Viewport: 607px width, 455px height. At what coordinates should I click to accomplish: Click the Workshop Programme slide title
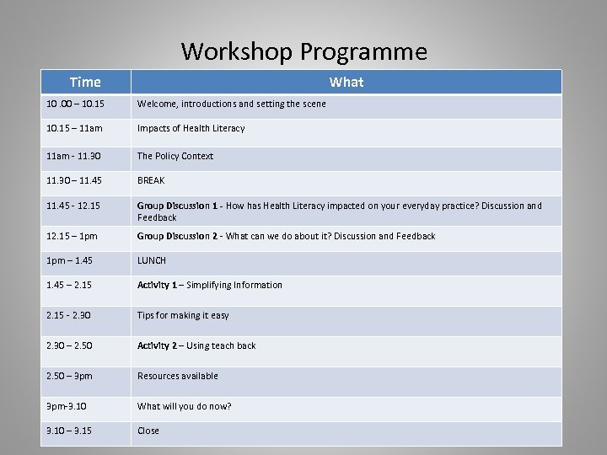coord(303,52)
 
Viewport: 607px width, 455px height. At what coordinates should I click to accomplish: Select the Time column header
coord(85,82)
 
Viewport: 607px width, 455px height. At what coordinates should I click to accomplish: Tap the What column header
coord(346,82)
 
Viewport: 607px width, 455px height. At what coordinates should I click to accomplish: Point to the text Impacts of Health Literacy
coord(191,129)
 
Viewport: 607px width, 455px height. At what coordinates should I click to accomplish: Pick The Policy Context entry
coord(175,156)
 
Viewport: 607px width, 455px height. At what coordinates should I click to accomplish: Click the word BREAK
coord(151,180)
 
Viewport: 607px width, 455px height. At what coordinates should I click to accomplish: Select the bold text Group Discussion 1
coord(178,206)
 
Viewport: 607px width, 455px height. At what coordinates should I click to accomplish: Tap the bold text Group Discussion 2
coord(178,237)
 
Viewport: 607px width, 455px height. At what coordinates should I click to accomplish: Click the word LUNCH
coord(152,261)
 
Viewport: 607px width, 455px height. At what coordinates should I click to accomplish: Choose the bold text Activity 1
coord(157,285)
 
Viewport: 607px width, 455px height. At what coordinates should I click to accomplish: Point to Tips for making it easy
coord(183,315)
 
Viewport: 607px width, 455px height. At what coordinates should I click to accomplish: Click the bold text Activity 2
coord(157,345)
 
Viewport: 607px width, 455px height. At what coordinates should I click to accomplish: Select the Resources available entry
coord(178,376)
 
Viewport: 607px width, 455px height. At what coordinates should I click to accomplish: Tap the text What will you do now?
coord(185,406)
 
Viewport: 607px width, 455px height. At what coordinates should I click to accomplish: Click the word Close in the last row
coord(148,431)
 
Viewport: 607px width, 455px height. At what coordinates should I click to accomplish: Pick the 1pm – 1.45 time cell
coord(70,261)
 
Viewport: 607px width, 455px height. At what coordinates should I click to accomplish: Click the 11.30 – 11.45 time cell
coord(75,180)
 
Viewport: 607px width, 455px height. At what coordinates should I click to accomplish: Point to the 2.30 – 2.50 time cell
coord(72,345)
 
